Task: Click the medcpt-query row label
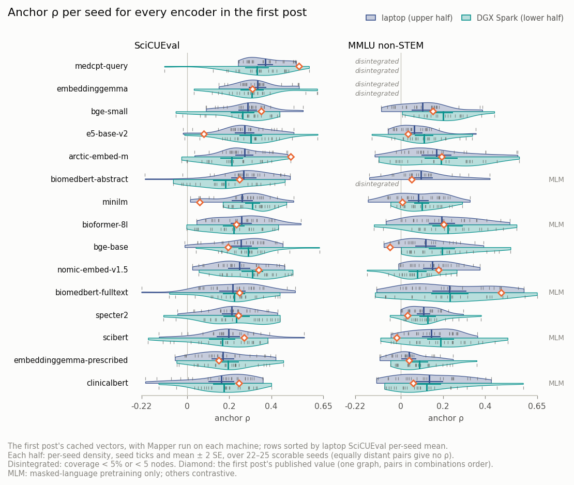[x=101, y=66]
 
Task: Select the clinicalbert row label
[x=107, y=383]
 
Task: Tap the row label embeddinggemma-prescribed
[x=71, y=360]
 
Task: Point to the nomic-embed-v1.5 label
[x=93, y=270]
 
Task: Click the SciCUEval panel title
[x=157, y=46]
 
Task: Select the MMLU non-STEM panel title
[x=385, y=46]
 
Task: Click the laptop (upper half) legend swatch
[x=371, y=18]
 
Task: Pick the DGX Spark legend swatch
[x=466, y=18]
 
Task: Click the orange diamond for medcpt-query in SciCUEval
[x=299, y=66]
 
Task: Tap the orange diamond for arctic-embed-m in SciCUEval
[x=291, y=157]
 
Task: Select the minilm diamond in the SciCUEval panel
[x=200, y=202]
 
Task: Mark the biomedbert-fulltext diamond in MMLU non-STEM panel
[x=501, y=293]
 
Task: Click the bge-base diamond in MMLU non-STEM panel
[x=390, y=248]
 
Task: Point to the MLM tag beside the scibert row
[x=556, y=338]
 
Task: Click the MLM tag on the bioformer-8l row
[x=556, y=225]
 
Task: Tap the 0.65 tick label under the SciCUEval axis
[x=323, y=406]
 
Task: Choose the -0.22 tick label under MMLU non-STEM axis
[x=355, y=406]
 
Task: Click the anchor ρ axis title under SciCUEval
[x=233, y=418]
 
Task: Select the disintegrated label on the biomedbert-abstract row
[x=376, y=184]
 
